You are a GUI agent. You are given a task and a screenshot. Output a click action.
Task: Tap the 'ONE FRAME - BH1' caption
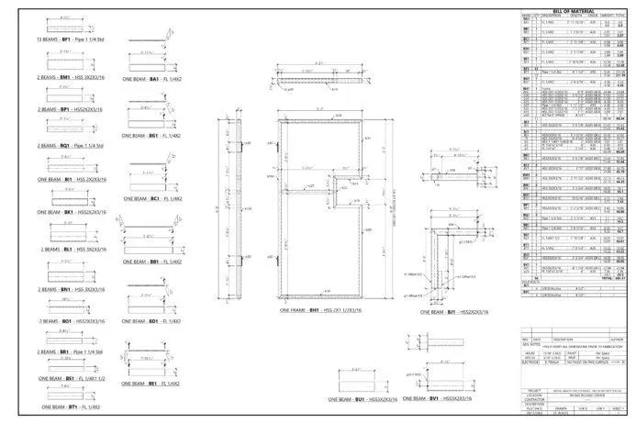pyautogui.click(x=316, y=310)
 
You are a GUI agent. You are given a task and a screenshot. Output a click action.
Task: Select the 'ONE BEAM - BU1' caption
pyautogui.click(x=365, y=400)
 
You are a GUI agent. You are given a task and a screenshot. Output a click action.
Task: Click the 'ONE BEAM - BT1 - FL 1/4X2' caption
pyautogui.click(x=71, y=406)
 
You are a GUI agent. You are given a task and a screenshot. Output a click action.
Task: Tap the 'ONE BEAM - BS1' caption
pyautogui.click(x=71, y=378)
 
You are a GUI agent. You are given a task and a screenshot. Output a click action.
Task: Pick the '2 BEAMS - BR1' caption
pyautogui.click(x=71, y=351)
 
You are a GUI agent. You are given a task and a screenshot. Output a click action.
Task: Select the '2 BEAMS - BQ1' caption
pyautogui.click(x=70, y=144)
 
